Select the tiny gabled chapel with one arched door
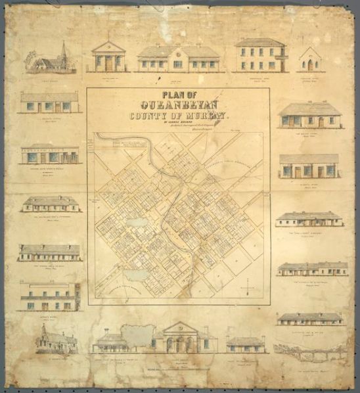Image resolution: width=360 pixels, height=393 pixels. tap(309, 60)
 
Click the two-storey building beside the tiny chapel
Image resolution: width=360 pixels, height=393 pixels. tap(260, 56)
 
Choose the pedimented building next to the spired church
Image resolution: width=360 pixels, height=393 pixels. tap(108, 56)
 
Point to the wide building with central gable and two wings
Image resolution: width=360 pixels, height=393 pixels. tap(177, 58)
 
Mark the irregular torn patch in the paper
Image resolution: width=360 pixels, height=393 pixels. tap(139, 335)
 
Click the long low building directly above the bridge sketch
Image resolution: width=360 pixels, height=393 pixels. tap(309, 318)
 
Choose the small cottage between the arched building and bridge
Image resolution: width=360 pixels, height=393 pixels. tap(245, 344)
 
